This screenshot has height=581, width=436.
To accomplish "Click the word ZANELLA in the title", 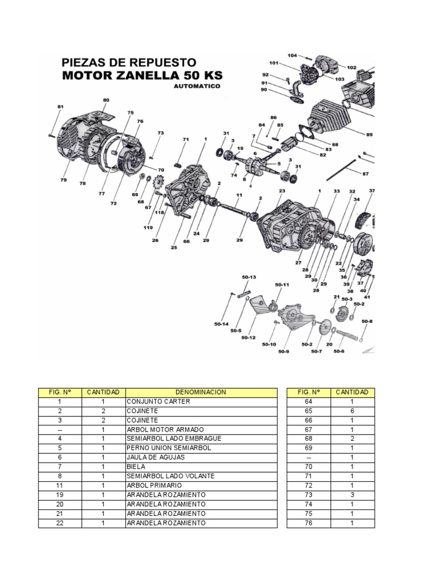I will click(144, 75).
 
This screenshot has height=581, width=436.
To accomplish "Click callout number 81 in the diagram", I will click(61, 107).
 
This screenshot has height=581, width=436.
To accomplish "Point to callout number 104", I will click(292, 56).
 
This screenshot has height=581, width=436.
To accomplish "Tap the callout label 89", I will click(370, 134).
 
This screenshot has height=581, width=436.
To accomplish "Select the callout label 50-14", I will click(221, 324).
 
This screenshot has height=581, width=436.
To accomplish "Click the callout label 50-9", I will click(283, 351).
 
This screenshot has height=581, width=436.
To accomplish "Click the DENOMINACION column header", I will click(201, 392).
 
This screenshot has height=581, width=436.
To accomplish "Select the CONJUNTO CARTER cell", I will click(158, 402).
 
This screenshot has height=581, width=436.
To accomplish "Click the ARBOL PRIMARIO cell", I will click(154, 486).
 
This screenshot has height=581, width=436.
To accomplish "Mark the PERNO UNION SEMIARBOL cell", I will click(169, 448).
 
